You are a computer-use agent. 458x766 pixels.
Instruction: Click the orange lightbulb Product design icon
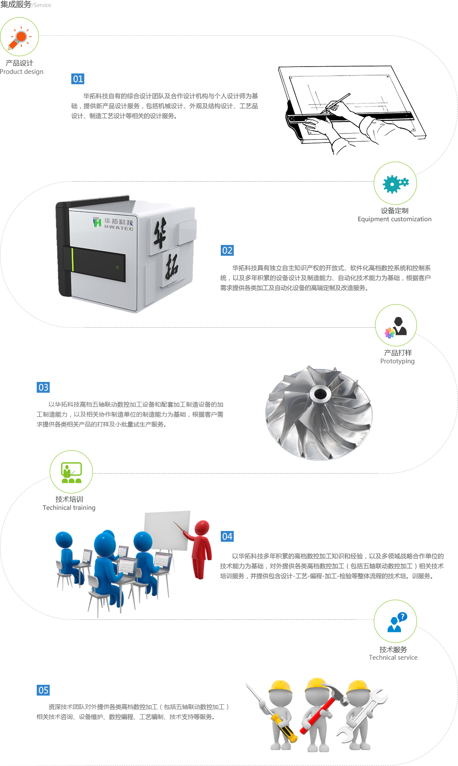(x=19, y=37)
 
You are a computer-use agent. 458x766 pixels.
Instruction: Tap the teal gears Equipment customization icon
(x=395, y=184)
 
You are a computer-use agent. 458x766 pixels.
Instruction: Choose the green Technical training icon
(x=71, y=472)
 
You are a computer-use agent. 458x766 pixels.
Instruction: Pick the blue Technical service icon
(x=395, y=621)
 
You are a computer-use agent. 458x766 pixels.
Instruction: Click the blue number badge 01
(x=78, y=79)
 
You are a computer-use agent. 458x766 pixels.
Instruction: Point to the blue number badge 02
(x=227, y=251)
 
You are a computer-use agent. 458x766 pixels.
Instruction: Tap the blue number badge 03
(x=43, y=387)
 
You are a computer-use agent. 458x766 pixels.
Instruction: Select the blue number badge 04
(x=227, y=537)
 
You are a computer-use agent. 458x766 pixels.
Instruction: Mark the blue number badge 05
(x=43, y=690)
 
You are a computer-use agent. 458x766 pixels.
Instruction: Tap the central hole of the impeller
(x=320, y=394)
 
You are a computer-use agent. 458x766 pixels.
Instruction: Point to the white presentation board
(x=167, y=531)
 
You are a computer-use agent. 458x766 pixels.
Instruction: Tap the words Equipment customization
(x=394, y=219)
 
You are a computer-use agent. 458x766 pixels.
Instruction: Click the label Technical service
(x=393, y=658)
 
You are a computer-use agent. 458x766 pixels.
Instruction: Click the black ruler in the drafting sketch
(x=350, y=117)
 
